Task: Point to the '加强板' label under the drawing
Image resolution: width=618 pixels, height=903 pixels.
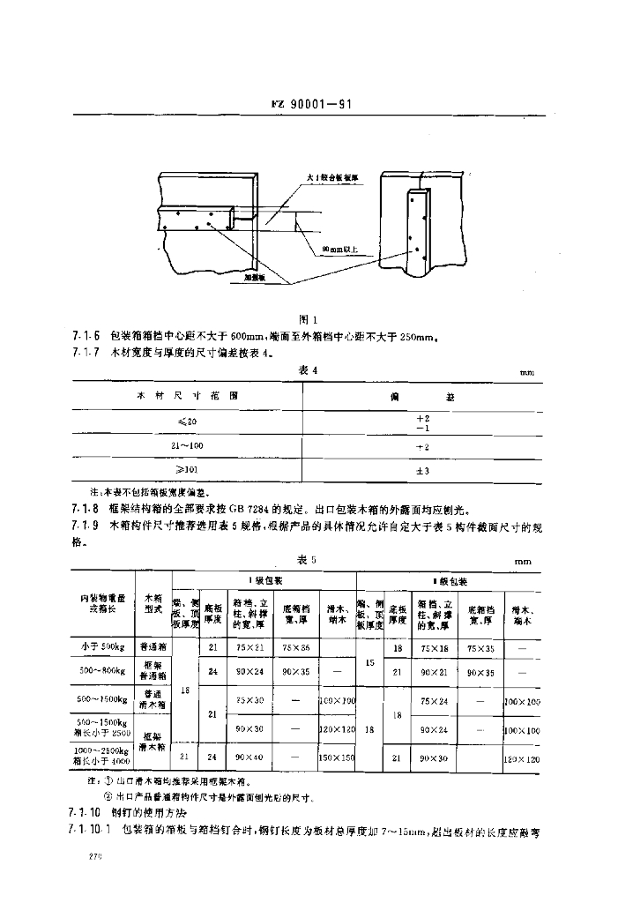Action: click(x=257, y=276)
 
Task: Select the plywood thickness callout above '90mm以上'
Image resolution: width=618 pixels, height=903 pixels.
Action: click(x=331, y=177)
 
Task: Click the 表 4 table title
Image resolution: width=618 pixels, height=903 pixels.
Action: click(x=308, y=369)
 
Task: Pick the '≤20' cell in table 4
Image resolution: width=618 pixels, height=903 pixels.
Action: click(x=187, y=422)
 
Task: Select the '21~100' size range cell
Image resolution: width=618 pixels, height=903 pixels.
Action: click(x=187, y=447)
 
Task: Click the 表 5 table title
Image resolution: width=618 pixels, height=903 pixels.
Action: click(x=308, y=561)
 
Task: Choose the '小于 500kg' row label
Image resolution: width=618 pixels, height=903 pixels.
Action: click(x=104, y=646)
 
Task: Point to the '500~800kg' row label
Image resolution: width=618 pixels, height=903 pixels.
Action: click(x=104, y=671)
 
